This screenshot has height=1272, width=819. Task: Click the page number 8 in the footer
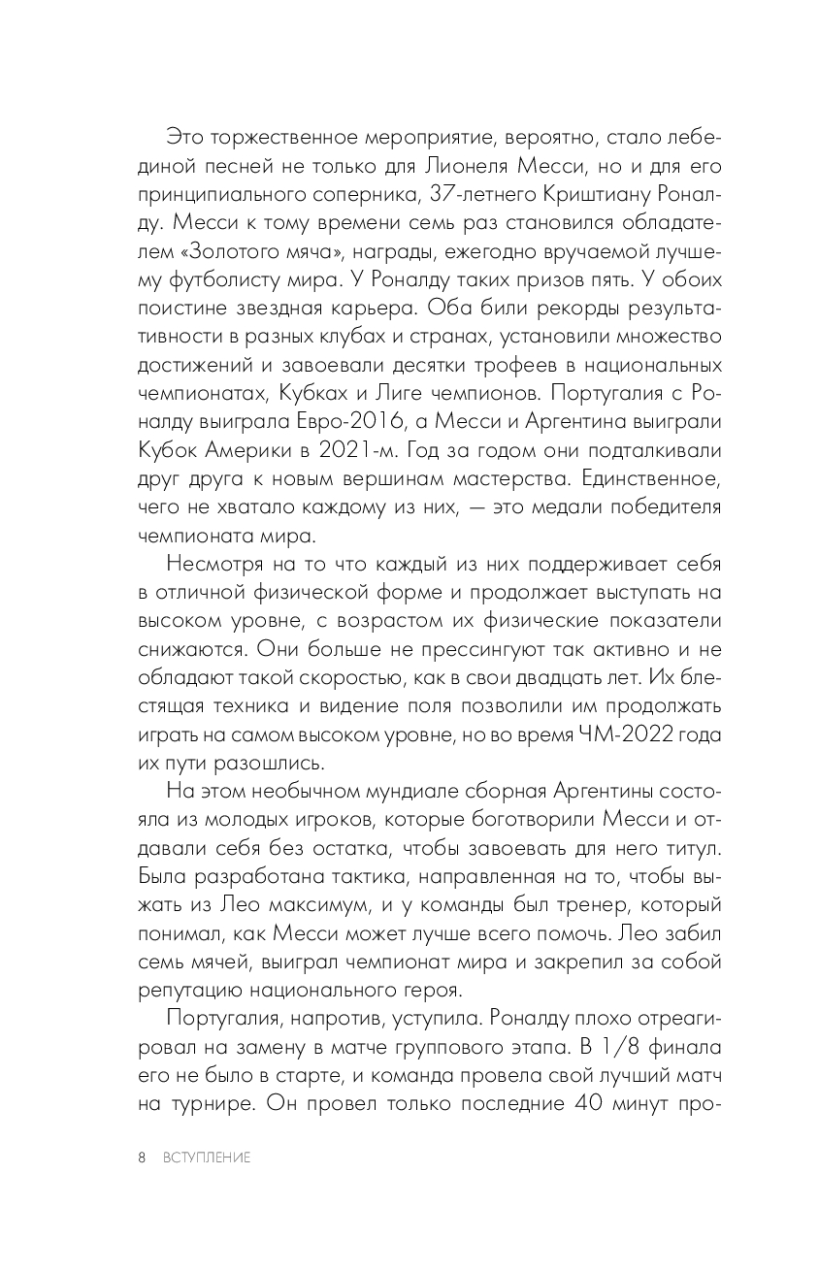142,1158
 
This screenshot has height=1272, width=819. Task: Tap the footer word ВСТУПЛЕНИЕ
206,1158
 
